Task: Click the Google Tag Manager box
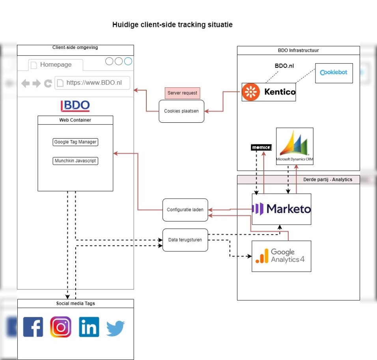pyautogui.click(x=75, y=142)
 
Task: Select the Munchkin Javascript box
pyautogui.click(x=75, y=161)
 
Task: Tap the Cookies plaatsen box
pyautogui.click(x=181, y=111)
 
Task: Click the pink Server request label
pyautogui.click(x=182, y=93)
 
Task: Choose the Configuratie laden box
pyautogui.click(x=185, y=210)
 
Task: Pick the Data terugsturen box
pyautogui.click(x=185, y=240)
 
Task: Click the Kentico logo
pyautogui.click(x=269, y=92)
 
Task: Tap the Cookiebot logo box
pyautogui.click(x=334, y=73)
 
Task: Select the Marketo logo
pyautogui.click(x=282, y=209)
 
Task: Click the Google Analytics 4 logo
pyautogui.click(x=282, y=256)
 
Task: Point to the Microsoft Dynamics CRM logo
pyautogui.click(x=295, y=146)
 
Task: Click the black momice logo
pyautogui.click(x=261, y=148)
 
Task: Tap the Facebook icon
pyautogui.click(x=33, y=327)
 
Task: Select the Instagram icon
pyautogui.click(x=61, y=327)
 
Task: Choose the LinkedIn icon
pyautogui.click(x=89, y=327)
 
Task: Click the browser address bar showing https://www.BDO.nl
pyautogui.click(x=92, y=83)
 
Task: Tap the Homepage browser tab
pyautogui.click(x=56, y=65)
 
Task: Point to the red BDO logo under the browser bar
pyautogui.click(x=75, y=106)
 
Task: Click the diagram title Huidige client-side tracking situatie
pyautogui.click(x=172, y=25)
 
